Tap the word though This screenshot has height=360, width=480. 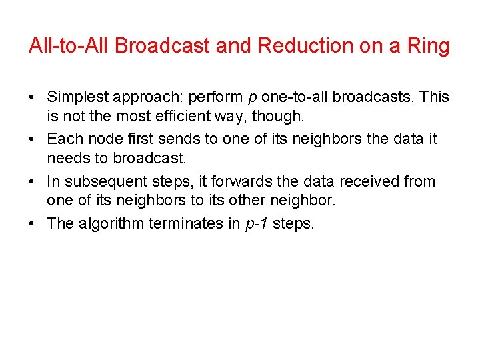coord(280,117)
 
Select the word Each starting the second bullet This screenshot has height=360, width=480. coord(62,139)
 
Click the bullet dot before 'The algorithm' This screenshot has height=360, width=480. coord(33,223)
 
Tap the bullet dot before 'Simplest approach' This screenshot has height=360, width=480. coord(33,97)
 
